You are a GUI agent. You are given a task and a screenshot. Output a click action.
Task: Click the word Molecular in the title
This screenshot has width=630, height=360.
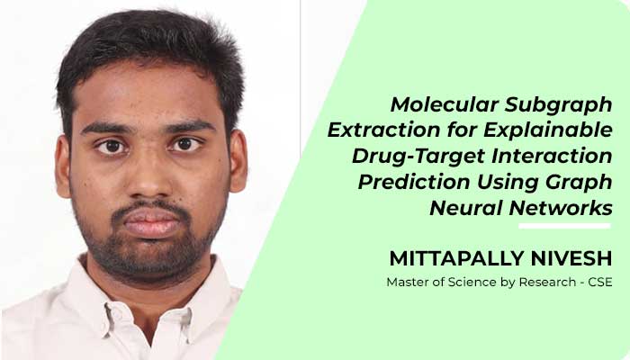(445, 105)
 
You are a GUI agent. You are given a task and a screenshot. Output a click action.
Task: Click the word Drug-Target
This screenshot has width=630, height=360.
(418, 157)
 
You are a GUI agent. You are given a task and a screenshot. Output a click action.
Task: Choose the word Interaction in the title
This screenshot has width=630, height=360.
(552, 157)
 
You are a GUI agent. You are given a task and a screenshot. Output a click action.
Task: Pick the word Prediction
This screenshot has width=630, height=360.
(414, 182)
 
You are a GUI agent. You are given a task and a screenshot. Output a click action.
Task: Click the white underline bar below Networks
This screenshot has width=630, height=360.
(564, 226)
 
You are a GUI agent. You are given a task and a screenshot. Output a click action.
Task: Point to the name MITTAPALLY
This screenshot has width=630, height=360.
(456, 259)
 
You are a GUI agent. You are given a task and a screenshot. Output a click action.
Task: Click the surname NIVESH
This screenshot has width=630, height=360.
(571, 259)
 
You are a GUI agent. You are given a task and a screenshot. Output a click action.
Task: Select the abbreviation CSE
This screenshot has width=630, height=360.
(600, 282)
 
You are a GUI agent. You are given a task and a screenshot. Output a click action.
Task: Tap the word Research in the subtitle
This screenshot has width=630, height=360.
(547, 282)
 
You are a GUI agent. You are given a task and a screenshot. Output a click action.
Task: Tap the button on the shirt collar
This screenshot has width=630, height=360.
(116, 311)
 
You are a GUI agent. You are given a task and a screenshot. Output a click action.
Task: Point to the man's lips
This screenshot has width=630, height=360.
(150, 223)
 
